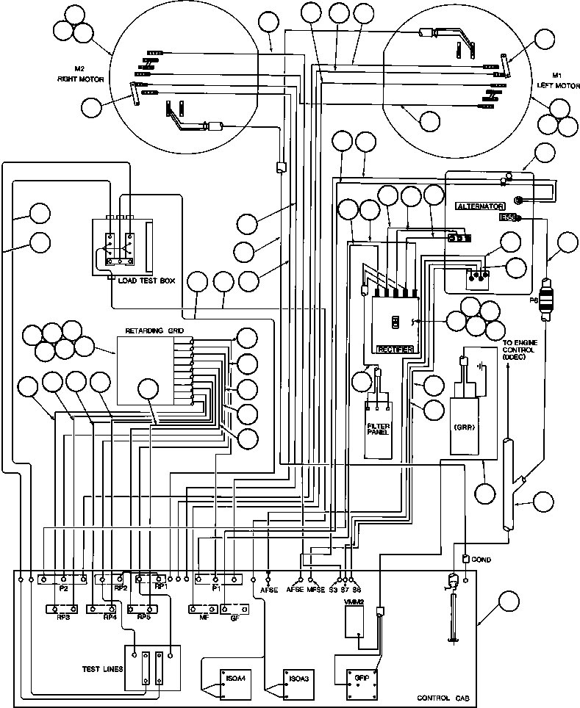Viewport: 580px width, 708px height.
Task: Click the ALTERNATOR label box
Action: click(x=479, y=206)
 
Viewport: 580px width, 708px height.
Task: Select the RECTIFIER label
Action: click(x=395, y=348)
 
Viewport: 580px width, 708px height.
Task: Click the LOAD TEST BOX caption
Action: click(x=146, y=281)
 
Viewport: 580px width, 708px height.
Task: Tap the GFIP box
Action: click(x=359, y=679)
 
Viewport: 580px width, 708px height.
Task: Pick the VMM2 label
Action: click(x=354, y=602)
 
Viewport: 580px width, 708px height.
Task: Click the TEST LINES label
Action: click(x=103, y=669)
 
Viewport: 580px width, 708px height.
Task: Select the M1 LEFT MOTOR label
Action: click(x=558, y=80)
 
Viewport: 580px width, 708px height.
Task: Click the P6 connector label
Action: click(x=534, y=300)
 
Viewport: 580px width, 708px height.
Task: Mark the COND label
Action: click(x=481, y=560)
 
